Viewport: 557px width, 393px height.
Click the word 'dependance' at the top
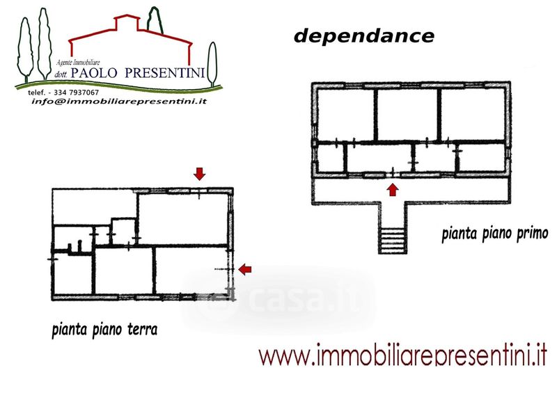tap(363, 36)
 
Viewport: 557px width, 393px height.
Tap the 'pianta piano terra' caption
tap(104, 329)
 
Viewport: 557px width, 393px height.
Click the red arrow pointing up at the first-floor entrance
tap(393, 189)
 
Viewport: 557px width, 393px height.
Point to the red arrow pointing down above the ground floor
tap(199, 173)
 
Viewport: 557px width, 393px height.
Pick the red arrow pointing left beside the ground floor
tap(244, 269)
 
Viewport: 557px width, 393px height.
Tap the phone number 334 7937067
tap(72, 93)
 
